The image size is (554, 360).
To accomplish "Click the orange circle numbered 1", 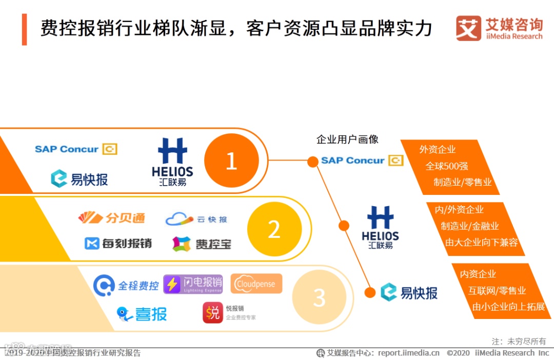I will pos(231,161).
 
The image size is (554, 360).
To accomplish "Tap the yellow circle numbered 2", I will pos(274,229).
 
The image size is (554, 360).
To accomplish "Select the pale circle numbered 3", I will pos(319,297).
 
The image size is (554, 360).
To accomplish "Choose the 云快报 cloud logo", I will pos(196,219).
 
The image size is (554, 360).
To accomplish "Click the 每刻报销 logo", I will pos(118,243).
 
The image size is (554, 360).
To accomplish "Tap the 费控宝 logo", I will pos(202,244).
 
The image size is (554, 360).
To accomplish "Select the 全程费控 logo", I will pos(126,285).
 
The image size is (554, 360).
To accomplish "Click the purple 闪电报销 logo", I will pos(193,284).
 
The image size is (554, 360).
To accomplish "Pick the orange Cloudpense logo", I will pos(256,284).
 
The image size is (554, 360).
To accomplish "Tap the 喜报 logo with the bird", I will pos(142,313).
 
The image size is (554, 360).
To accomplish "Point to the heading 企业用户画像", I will pos(347,139).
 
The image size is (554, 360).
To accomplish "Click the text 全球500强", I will pos(446,166).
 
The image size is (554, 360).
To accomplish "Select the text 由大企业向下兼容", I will pos(481,242).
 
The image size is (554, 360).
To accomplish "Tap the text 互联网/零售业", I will pos(497,291).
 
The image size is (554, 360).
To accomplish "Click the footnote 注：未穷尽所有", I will pos(519,341).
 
